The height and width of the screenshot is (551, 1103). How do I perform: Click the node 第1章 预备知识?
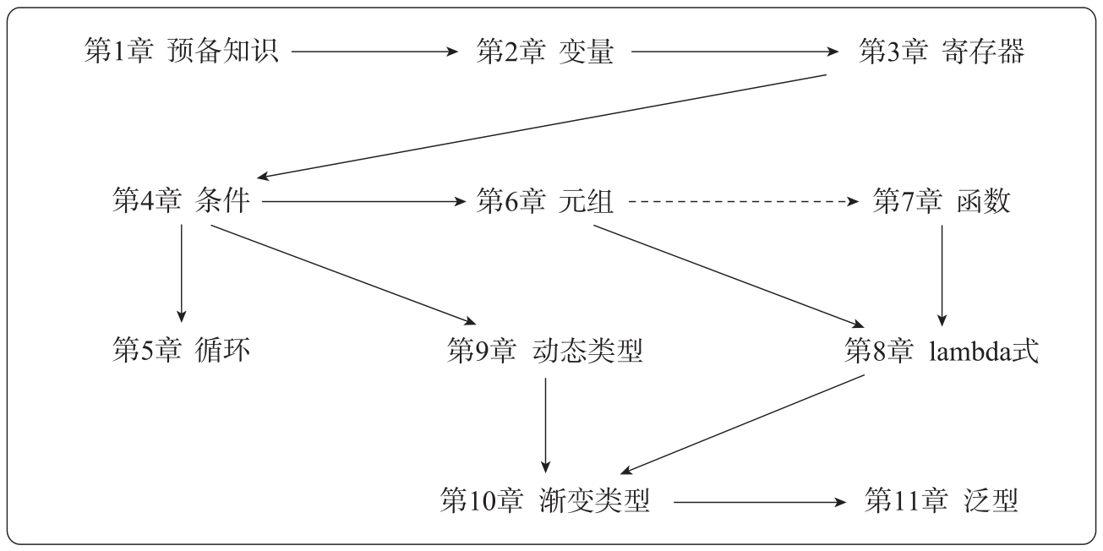tap(182, 52)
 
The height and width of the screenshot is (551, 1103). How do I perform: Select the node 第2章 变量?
tap(544, 52)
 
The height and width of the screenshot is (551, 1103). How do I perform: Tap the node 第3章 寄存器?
tap(942, 52)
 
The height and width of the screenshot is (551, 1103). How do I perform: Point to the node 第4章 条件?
tap(182, 203)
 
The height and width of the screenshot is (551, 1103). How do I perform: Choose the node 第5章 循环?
tap(182, 349)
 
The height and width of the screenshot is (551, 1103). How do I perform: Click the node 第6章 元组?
tap(544, 203)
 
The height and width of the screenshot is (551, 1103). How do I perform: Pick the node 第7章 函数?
tap(942, 203)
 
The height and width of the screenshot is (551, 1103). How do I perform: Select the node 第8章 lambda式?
tap(942, 349)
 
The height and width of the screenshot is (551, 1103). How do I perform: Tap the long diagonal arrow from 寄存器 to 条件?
tap(541, 127)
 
